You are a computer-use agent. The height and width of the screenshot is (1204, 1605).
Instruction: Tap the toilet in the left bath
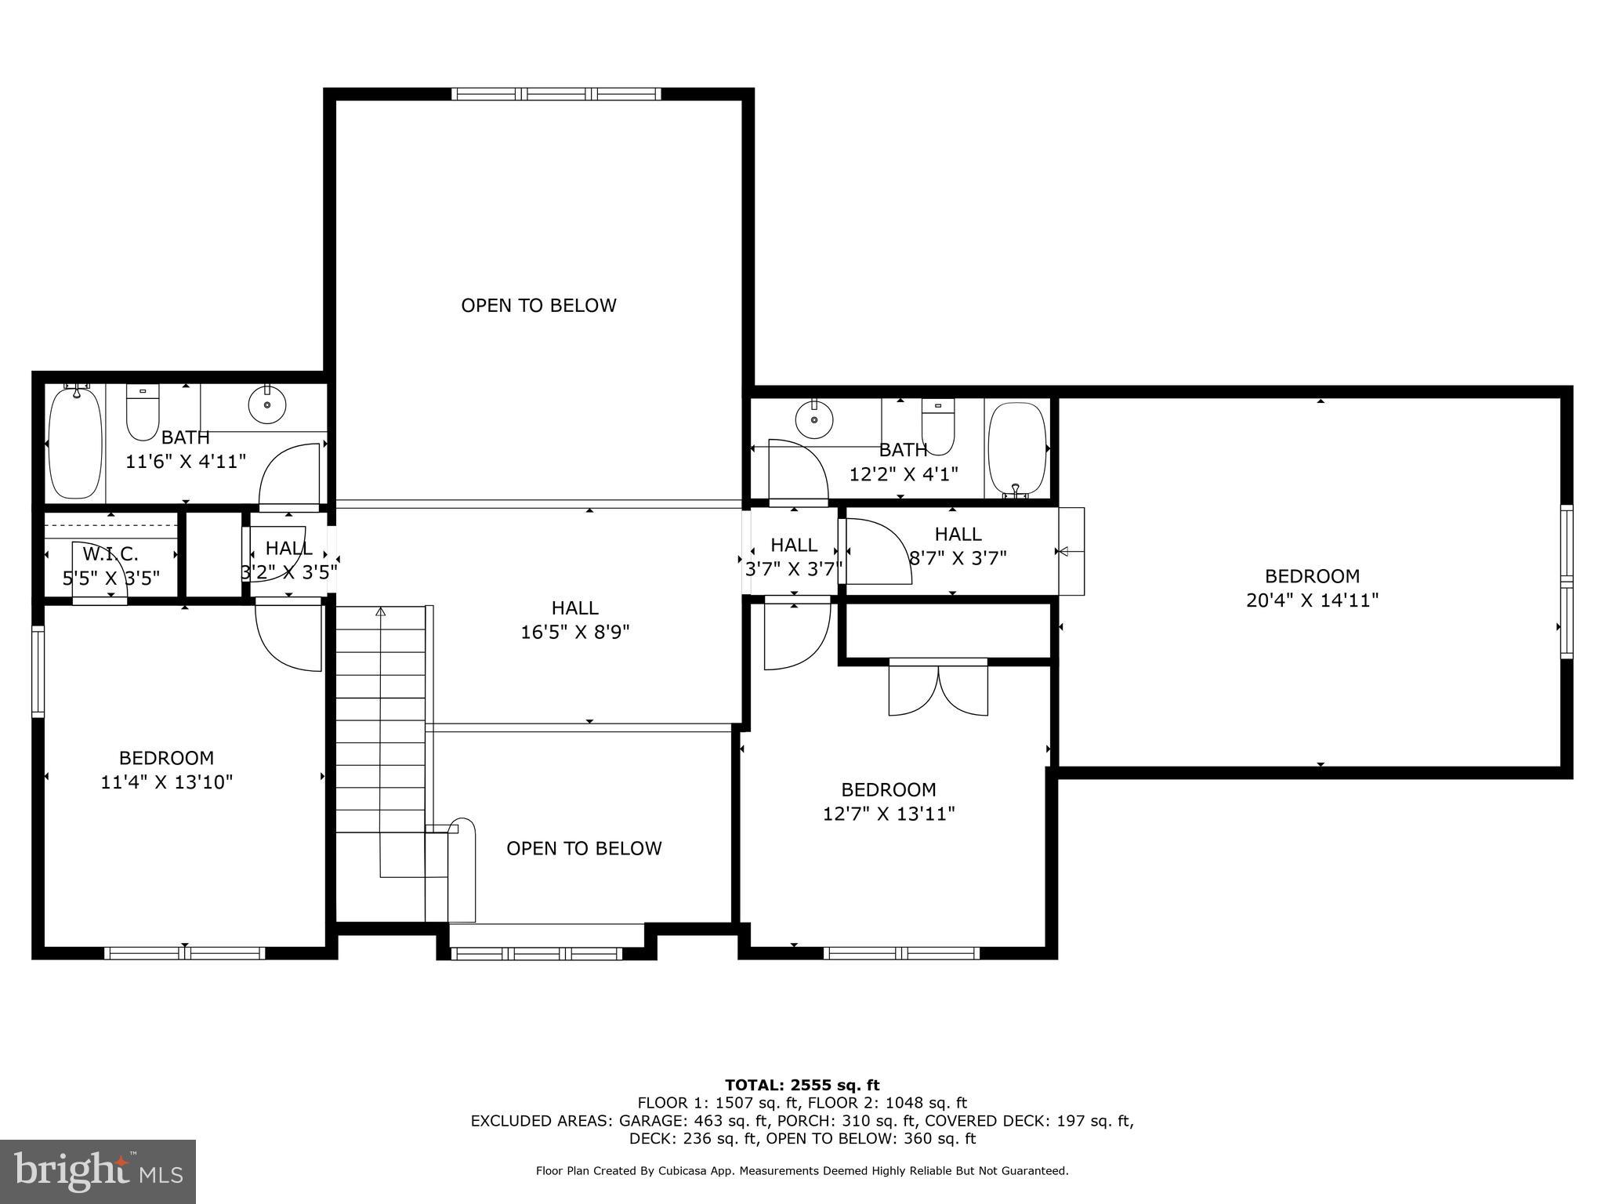coord(143,414)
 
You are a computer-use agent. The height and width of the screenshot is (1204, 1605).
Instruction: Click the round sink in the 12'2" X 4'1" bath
coord(814,419)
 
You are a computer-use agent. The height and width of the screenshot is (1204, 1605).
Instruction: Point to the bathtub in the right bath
coord(1016,448)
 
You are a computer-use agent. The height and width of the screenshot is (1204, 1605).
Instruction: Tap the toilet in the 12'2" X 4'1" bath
coord(937,426)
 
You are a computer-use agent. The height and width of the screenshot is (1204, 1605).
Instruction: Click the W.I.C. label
coord(111,554)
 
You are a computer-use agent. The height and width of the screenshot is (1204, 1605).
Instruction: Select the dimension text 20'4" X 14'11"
coord(1312,600)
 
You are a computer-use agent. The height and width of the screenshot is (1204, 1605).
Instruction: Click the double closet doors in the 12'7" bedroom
coord(938,688)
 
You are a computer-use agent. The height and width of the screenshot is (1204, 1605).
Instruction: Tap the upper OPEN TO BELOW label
coord(538,306)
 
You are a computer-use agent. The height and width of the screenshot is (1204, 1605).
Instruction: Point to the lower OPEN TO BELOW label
coord(584,848)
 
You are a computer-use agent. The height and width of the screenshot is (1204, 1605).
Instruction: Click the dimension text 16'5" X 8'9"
coord(575,632)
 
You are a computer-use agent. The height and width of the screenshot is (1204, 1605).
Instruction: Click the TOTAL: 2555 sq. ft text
coord(802,1085)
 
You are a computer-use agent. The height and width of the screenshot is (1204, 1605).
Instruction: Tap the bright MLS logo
coord(97,1171)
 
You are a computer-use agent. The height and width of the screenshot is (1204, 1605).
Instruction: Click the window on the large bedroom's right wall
coord(1566,581)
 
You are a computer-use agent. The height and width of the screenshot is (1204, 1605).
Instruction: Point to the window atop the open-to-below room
coord(556,94)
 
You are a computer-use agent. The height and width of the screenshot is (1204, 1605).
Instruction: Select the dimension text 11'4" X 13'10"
coord(167,782)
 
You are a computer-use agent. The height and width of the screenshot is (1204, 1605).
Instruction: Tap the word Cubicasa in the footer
coord(681,1171)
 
